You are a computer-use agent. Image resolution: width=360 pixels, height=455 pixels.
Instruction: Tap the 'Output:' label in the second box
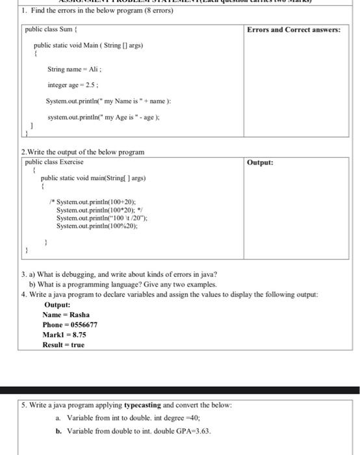[260, 162]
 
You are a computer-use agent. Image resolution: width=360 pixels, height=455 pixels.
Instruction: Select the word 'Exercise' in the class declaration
[71, 161]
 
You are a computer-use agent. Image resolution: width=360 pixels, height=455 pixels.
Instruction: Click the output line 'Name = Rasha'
[66, 315]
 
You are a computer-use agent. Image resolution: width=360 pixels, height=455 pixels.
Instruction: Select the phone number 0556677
[84, 324]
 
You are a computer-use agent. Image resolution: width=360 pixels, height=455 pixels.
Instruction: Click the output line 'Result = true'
[63, 344]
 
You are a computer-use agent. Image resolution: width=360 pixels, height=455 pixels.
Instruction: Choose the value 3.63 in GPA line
[201, 430]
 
